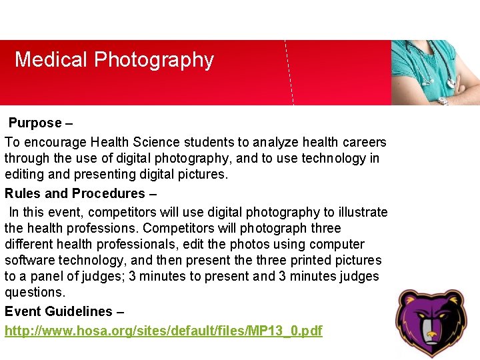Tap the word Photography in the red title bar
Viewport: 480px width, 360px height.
coord(154,61)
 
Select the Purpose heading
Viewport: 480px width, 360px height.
coord(35,123)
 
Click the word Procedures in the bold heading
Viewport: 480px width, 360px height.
coord(108,193)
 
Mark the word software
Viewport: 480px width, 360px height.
coord(29,260)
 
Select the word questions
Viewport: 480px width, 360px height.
coord(35,292)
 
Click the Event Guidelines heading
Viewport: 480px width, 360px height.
coord(59,311)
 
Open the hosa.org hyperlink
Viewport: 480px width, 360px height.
coord(163,331)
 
